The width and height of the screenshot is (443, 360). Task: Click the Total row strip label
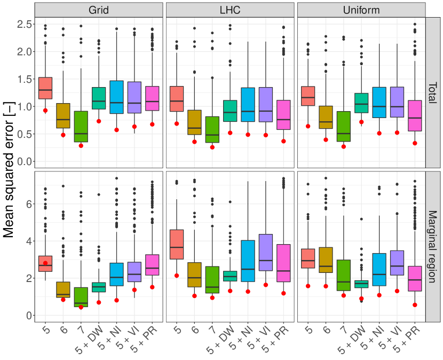click(x=433, y=92)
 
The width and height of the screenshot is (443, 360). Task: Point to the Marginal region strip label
click(x=433, y=246)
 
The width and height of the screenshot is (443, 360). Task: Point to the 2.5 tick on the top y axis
click(x=23, y=24)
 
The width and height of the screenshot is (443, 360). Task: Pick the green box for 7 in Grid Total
click(x=81, y=127)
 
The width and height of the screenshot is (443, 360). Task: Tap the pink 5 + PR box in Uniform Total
click(x=415, y=115)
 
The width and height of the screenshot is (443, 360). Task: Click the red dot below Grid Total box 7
click(x=81, y=145)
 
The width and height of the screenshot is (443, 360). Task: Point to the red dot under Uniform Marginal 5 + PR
click(x=415, y=305)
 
